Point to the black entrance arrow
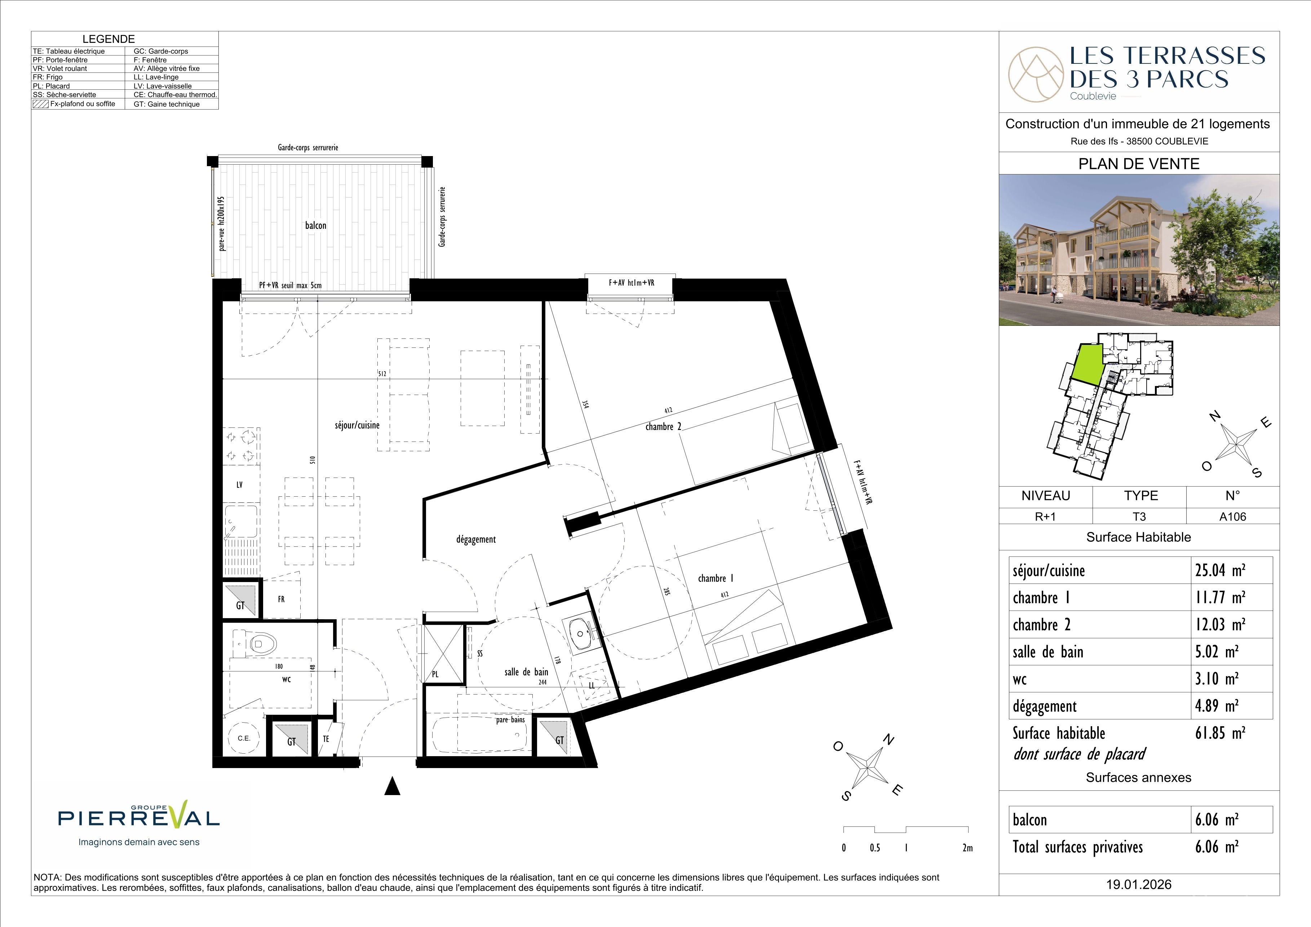coord(392,786)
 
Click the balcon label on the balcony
coord(316,226)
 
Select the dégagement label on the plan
coord(476,540)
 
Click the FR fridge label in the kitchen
coord(281,599)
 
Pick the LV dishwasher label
coord(239,485)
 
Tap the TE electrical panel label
coord(326,738)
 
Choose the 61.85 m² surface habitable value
coord(1220,733)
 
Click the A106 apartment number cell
coord(1233,516)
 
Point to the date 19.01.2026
coord(1139,885)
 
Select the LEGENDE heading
coord(108,39)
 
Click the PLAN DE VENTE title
coord(1139,164)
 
